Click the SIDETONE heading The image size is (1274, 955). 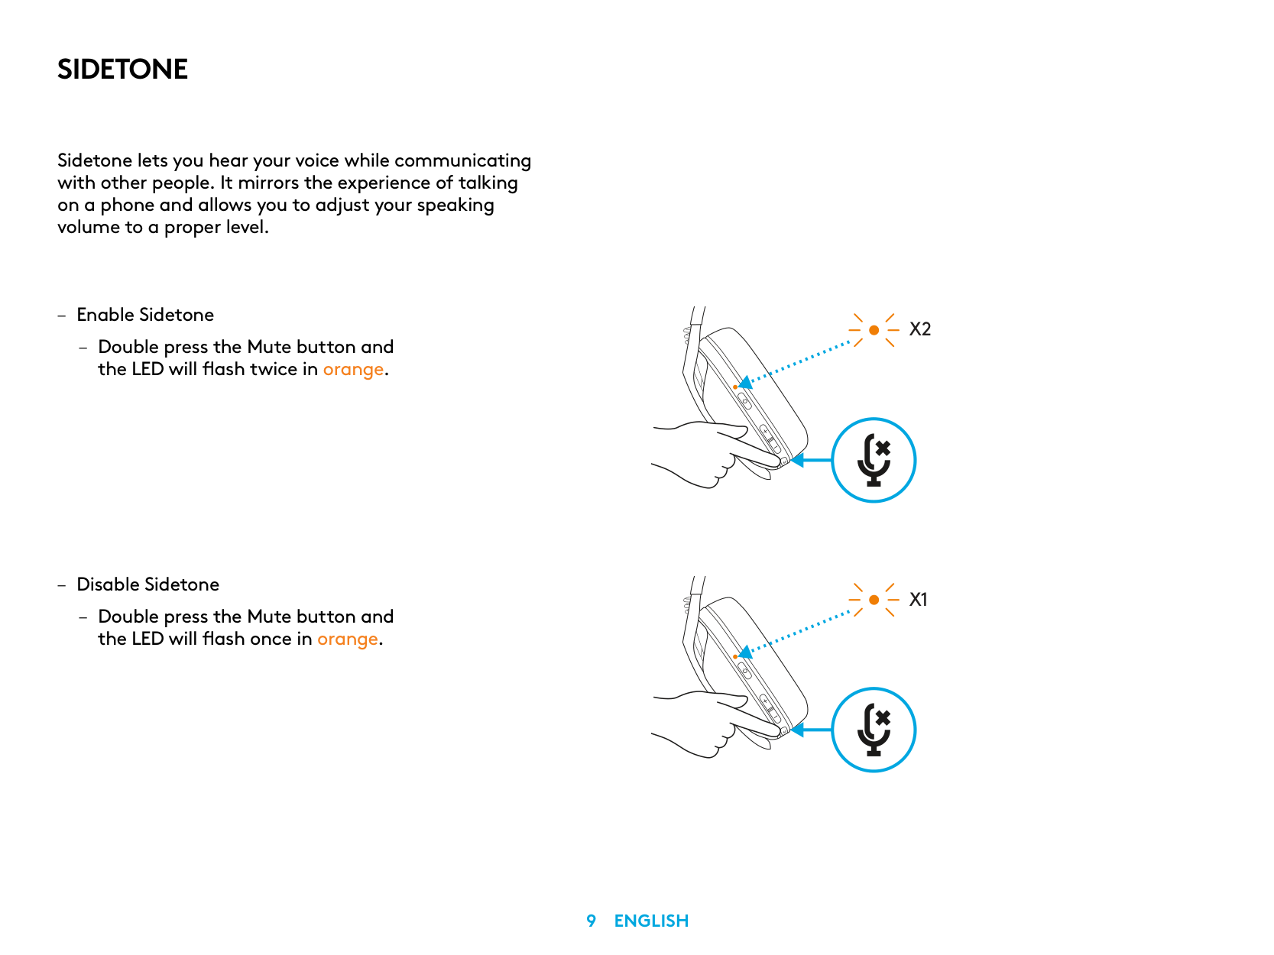point(122,70)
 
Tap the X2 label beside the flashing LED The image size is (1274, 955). point(919,329)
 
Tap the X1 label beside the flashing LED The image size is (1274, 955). point(918,600)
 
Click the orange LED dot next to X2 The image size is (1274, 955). point(874,330)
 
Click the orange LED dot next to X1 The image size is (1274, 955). point(874,600)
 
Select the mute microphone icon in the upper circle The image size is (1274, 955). point(874,460)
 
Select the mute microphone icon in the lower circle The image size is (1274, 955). point(874,730)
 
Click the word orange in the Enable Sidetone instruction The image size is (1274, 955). point(353,370)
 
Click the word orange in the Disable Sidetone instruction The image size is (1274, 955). point(347,639)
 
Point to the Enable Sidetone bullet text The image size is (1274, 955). point(145,315)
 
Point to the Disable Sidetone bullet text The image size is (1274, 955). point(147,584)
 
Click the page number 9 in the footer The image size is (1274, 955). point(591,921)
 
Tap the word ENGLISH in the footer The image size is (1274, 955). point(651,921)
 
